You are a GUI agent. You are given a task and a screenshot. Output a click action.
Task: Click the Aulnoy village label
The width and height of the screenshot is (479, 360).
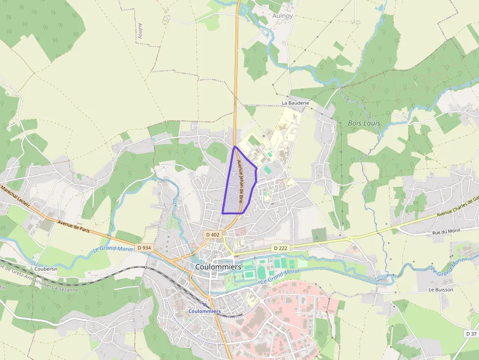coord(282,16)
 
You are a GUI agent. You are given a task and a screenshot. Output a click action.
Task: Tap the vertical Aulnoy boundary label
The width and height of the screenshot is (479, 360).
coord(140,31)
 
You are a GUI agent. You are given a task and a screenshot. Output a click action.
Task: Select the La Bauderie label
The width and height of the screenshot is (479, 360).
coord(296,104)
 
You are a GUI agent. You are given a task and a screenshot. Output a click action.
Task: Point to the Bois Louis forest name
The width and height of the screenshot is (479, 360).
coord(364,123)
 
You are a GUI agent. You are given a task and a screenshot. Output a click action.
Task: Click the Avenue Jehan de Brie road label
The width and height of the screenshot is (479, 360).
coord(240,182)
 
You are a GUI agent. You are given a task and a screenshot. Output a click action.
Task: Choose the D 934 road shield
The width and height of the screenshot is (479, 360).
coord(144,248)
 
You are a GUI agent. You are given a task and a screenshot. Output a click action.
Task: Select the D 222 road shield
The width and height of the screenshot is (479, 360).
coord(280,248)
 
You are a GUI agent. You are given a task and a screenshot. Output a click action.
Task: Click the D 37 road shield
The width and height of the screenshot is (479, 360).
coord(471,334)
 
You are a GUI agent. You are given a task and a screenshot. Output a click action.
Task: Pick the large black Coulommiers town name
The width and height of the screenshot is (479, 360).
coord(218,267)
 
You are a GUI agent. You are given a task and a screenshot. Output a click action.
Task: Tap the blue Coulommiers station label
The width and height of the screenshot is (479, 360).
coord(205,311)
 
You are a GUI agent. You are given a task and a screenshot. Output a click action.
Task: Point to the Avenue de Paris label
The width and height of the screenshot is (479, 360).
coord(74,227)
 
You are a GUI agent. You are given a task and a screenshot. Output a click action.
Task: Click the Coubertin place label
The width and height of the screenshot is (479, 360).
coord(46,269)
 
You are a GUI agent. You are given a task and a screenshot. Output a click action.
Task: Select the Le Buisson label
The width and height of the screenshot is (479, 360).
coord(441,290)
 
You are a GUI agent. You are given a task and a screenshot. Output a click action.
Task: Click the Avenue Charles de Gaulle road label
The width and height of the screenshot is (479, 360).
coord(457,207)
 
